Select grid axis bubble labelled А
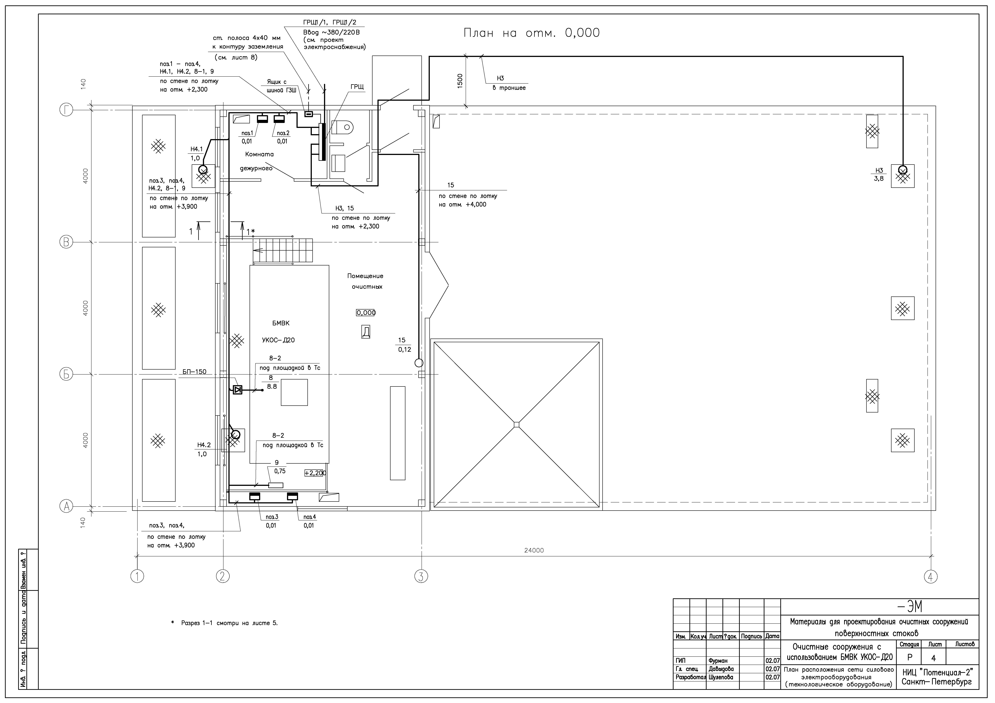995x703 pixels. coord(66,506)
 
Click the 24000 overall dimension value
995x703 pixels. coord(534,550)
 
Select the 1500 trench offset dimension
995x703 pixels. coord(460,80)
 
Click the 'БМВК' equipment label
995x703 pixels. coord(281,323)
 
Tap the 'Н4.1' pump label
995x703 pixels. coord(196,149)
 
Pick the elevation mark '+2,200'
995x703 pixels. coord(315,473)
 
